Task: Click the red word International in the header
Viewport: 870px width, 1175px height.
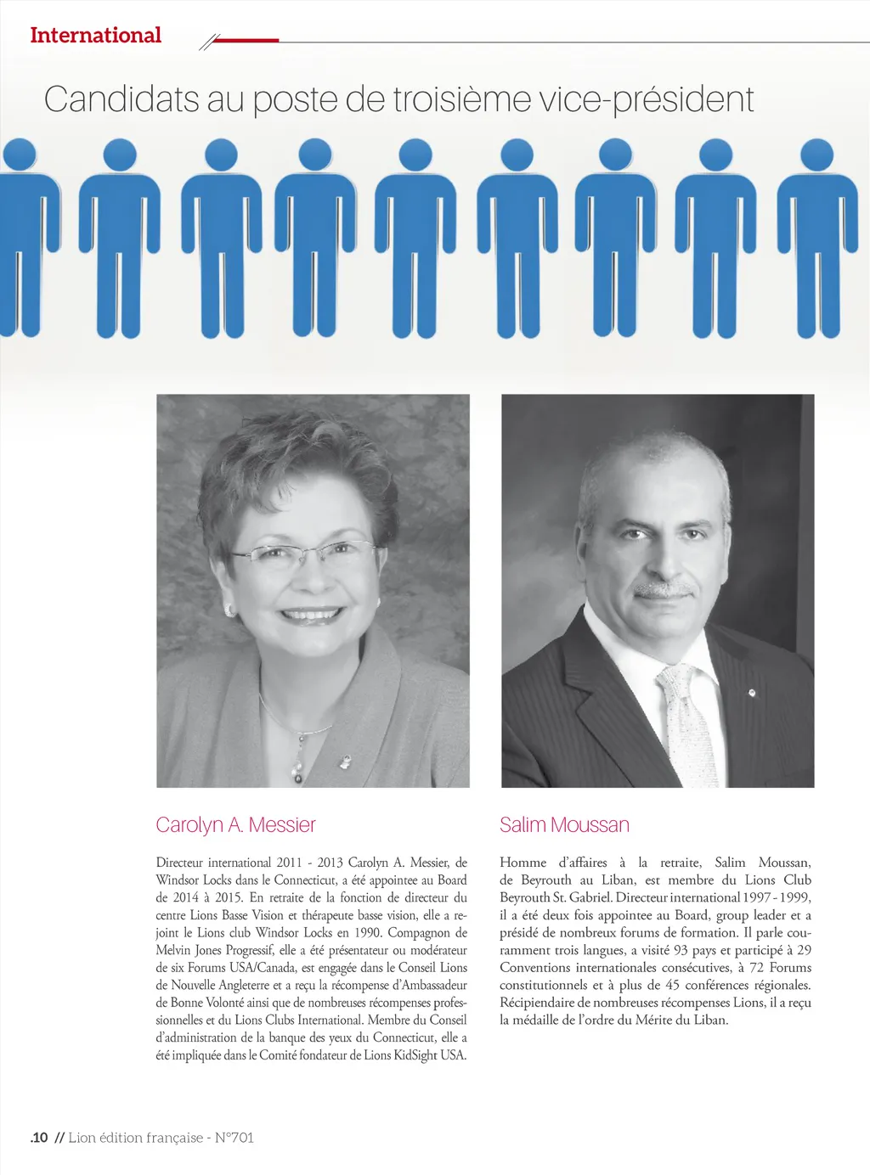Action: pyautogui.click(x=95, y=36)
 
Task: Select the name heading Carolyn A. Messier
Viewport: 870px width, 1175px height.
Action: pyautogui.click(x=235, y=824)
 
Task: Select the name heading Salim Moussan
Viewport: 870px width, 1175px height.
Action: pyautogui.click(x=564, y=824)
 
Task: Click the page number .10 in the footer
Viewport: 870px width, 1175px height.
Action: pyautogui.click(x=39, y=1138)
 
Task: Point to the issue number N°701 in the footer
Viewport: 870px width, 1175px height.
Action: pyautogui.click(x=234, y=1138)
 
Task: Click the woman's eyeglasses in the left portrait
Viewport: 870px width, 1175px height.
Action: pyautogui.click(x=302, y=553)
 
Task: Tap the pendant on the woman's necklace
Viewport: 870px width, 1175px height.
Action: pyautogui.click(x=297, y=768)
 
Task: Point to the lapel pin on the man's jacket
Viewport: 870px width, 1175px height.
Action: pyautogui.click(x=751, y=694)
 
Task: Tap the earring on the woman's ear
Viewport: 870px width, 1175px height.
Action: pyautogui.click(x=228, y=610)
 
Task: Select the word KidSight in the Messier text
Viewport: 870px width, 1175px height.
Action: pyautogui.click(x=410, y=1055)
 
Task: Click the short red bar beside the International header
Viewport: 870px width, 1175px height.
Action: pyautogui.click(x=247, y=40)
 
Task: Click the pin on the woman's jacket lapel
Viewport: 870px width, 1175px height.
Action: pyautogui.click(x=345, y=761)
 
